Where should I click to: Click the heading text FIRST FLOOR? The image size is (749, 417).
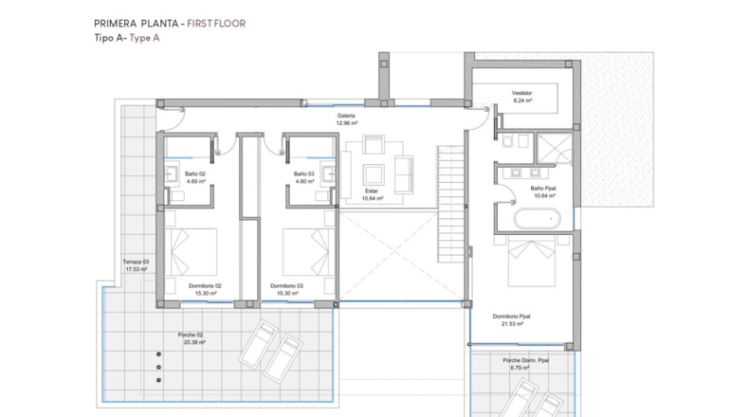[216, 24]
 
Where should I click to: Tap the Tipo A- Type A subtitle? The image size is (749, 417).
[127, 38]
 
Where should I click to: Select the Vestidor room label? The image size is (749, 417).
[521, 93]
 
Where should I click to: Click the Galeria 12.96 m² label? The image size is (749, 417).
[346, 119]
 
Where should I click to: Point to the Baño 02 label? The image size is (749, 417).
[195, 173]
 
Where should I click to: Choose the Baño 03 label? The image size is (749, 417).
[303, 173]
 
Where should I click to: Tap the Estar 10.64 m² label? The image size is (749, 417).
[372, 194]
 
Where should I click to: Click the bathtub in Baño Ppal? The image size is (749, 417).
[538, 219]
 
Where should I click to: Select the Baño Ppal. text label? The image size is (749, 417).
[543, 189]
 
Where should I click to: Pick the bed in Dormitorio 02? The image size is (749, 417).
[191, 252]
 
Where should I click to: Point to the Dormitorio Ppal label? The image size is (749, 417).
[512, 317]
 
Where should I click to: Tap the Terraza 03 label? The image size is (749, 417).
[136, 262]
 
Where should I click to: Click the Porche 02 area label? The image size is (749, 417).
[191, 335]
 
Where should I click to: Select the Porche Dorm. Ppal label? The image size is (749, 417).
[525, 360]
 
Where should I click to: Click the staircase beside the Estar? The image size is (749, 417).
[450, 204]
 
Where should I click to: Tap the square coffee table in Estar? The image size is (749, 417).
[374, 174]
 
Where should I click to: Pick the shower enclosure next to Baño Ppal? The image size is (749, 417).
[554, 148]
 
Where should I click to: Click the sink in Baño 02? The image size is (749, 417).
[172, 174]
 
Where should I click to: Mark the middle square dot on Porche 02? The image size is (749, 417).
[158, 368]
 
